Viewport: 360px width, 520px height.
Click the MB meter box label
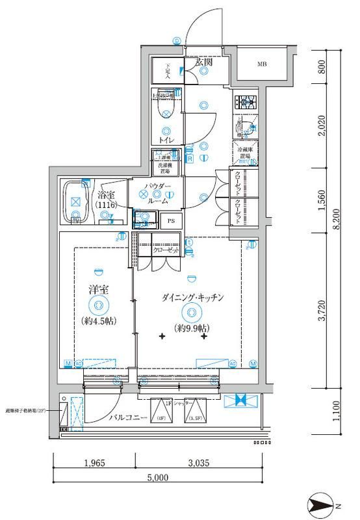pyautogui.click(x=261, y=64)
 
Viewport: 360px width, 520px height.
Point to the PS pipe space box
pyautogui.click(x=171, y=221)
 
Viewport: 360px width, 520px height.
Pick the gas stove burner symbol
pyautogui.click(x=247, y=102)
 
